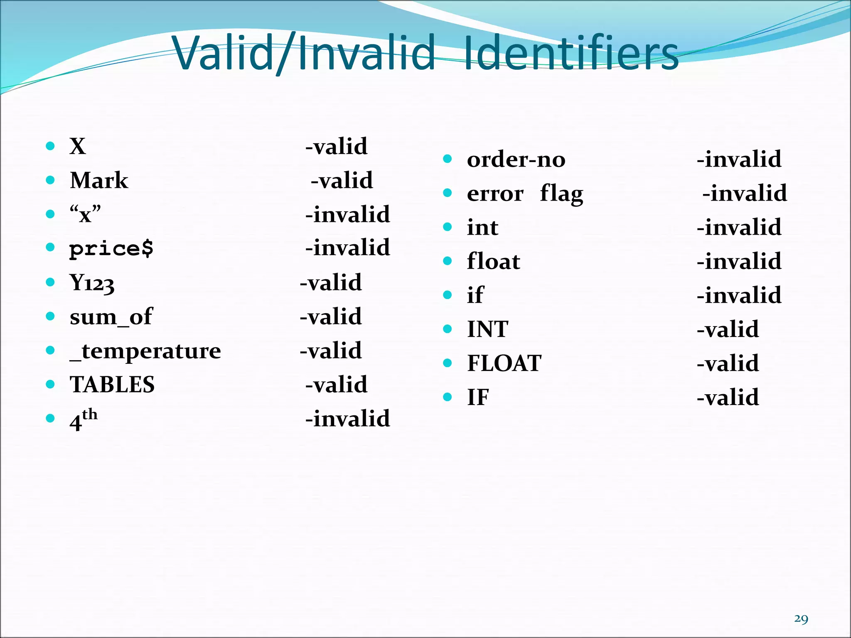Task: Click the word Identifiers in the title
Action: point(570,53)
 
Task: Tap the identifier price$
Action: point(111,248)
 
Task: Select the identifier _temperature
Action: point(145,351)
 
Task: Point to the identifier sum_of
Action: point(111,317)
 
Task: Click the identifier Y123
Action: point(92,283)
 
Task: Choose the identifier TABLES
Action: point(112,385)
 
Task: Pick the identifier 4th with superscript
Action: point(84,420)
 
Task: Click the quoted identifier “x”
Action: point(85,214)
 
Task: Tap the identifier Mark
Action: point(99,180)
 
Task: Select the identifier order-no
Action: point(516,159)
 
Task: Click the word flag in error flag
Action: point(561,194)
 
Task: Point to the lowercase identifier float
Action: point(493,261)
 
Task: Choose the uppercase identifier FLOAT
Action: point(504,363)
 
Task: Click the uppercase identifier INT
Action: point(487,329)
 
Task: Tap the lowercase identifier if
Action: point(475,295)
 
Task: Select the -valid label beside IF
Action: point(728,398)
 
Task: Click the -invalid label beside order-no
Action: point(739,159)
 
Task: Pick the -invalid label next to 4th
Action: point(348,419)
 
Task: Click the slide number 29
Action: point(801,619)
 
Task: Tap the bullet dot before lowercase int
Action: point(448,227)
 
